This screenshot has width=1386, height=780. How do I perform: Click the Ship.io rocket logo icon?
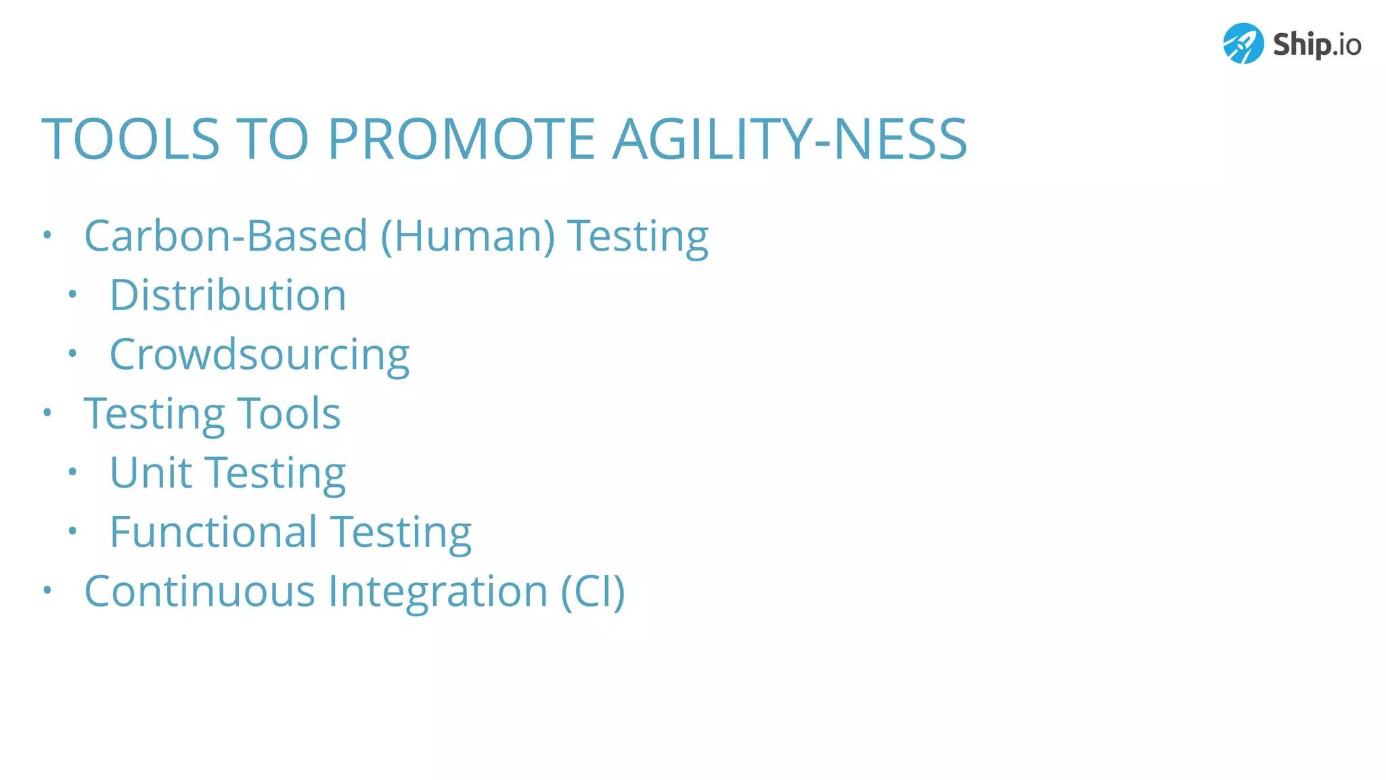(1243, 43)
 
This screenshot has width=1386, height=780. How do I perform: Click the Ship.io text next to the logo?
(1316, 45)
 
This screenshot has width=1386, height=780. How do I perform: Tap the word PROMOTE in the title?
(461, 139)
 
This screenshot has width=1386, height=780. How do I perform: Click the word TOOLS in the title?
(131, 139)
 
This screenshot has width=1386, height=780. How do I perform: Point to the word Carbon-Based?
(225, 236)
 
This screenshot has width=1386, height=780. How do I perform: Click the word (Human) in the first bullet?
(468, 236)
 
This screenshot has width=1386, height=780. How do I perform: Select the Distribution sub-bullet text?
(228, 295)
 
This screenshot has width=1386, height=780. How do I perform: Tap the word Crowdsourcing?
(259, 355)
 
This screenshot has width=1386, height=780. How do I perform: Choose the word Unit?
(150, 472)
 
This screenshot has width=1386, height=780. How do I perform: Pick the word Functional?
(213, 532)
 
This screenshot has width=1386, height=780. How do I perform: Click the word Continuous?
(200, 591)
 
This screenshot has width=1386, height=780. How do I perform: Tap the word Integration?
(438, 591)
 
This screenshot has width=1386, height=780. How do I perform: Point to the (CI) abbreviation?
(593, 591)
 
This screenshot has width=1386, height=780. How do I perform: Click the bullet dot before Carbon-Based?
(47, 235)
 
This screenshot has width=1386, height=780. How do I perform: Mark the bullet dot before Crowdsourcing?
(72, 353)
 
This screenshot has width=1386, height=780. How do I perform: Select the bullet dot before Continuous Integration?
(47, 590)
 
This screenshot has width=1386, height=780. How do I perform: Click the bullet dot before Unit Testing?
(72, 472)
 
